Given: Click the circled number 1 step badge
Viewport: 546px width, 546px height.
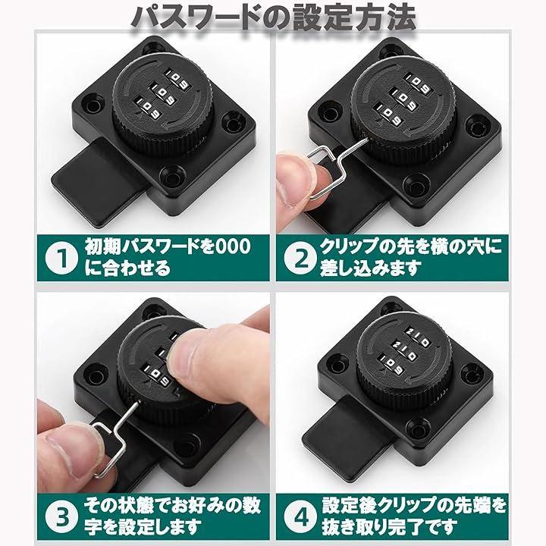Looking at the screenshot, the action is click(61, 258).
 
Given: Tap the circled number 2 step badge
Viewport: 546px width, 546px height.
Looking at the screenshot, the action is click(300, 259).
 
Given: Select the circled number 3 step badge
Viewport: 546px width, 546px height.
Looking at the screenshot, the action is click(62, 516).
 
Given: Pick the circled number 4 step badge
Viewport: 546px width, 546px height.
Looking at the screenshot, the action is click(300, 516).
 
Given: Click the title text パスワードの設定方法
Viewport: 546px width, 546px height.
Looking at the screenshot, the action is click(274, 17).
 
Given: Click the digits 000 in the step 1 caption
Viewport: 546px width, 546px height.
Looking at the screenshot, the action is click(233, 246).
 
